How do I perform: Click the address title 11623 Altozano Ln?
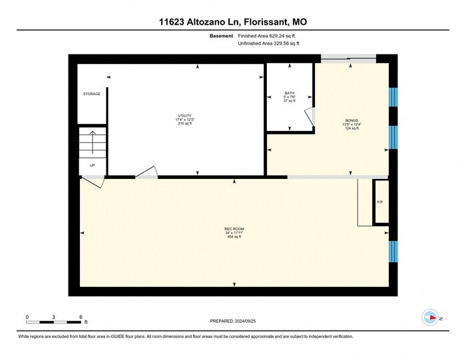pyautogui.click(x=233, y=23)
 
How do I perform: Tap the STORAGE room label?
pyautogui.click(x=92, y=94)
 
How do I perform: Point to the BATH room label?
pyautogui.click(x=289, y=93)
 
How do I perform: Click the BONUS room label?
pyautogui.click(x=352, y=120)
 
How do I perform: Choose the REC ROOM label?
pyautogui.click(x=234, y=229)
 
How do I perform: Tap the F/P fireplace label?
pyautogui.click(x=380, y=202)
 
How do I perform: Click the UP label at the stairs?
pyautogui.click(x=92, y=165)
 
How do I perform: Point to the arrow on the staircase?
pyautogui.click(x=92, y=141)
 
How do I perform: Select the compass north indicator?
pyautogui.click(x=431, y=317)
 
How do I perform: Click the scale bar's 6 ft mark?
pyautogui.click(x=80, y=317)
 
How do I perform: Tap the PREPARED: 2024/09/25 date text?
pyautogui.click(x=233, y=321)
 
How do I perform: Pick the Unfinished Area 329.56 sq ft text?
pyautogui.click(x=268, y=43)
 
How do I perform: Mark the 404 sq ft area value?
pyautogui.click(x=234, y=237)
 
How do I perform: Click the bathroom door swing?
pyautogui.click(x=310, y=117)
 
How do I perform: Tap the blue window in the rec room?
pyautogui.click(x=393, y=252)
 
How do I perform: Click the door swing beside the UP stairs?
pyautogui.click(x=91, y=182)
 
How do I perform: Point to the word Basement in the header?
pyautogui.click(x=221, y=35)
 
